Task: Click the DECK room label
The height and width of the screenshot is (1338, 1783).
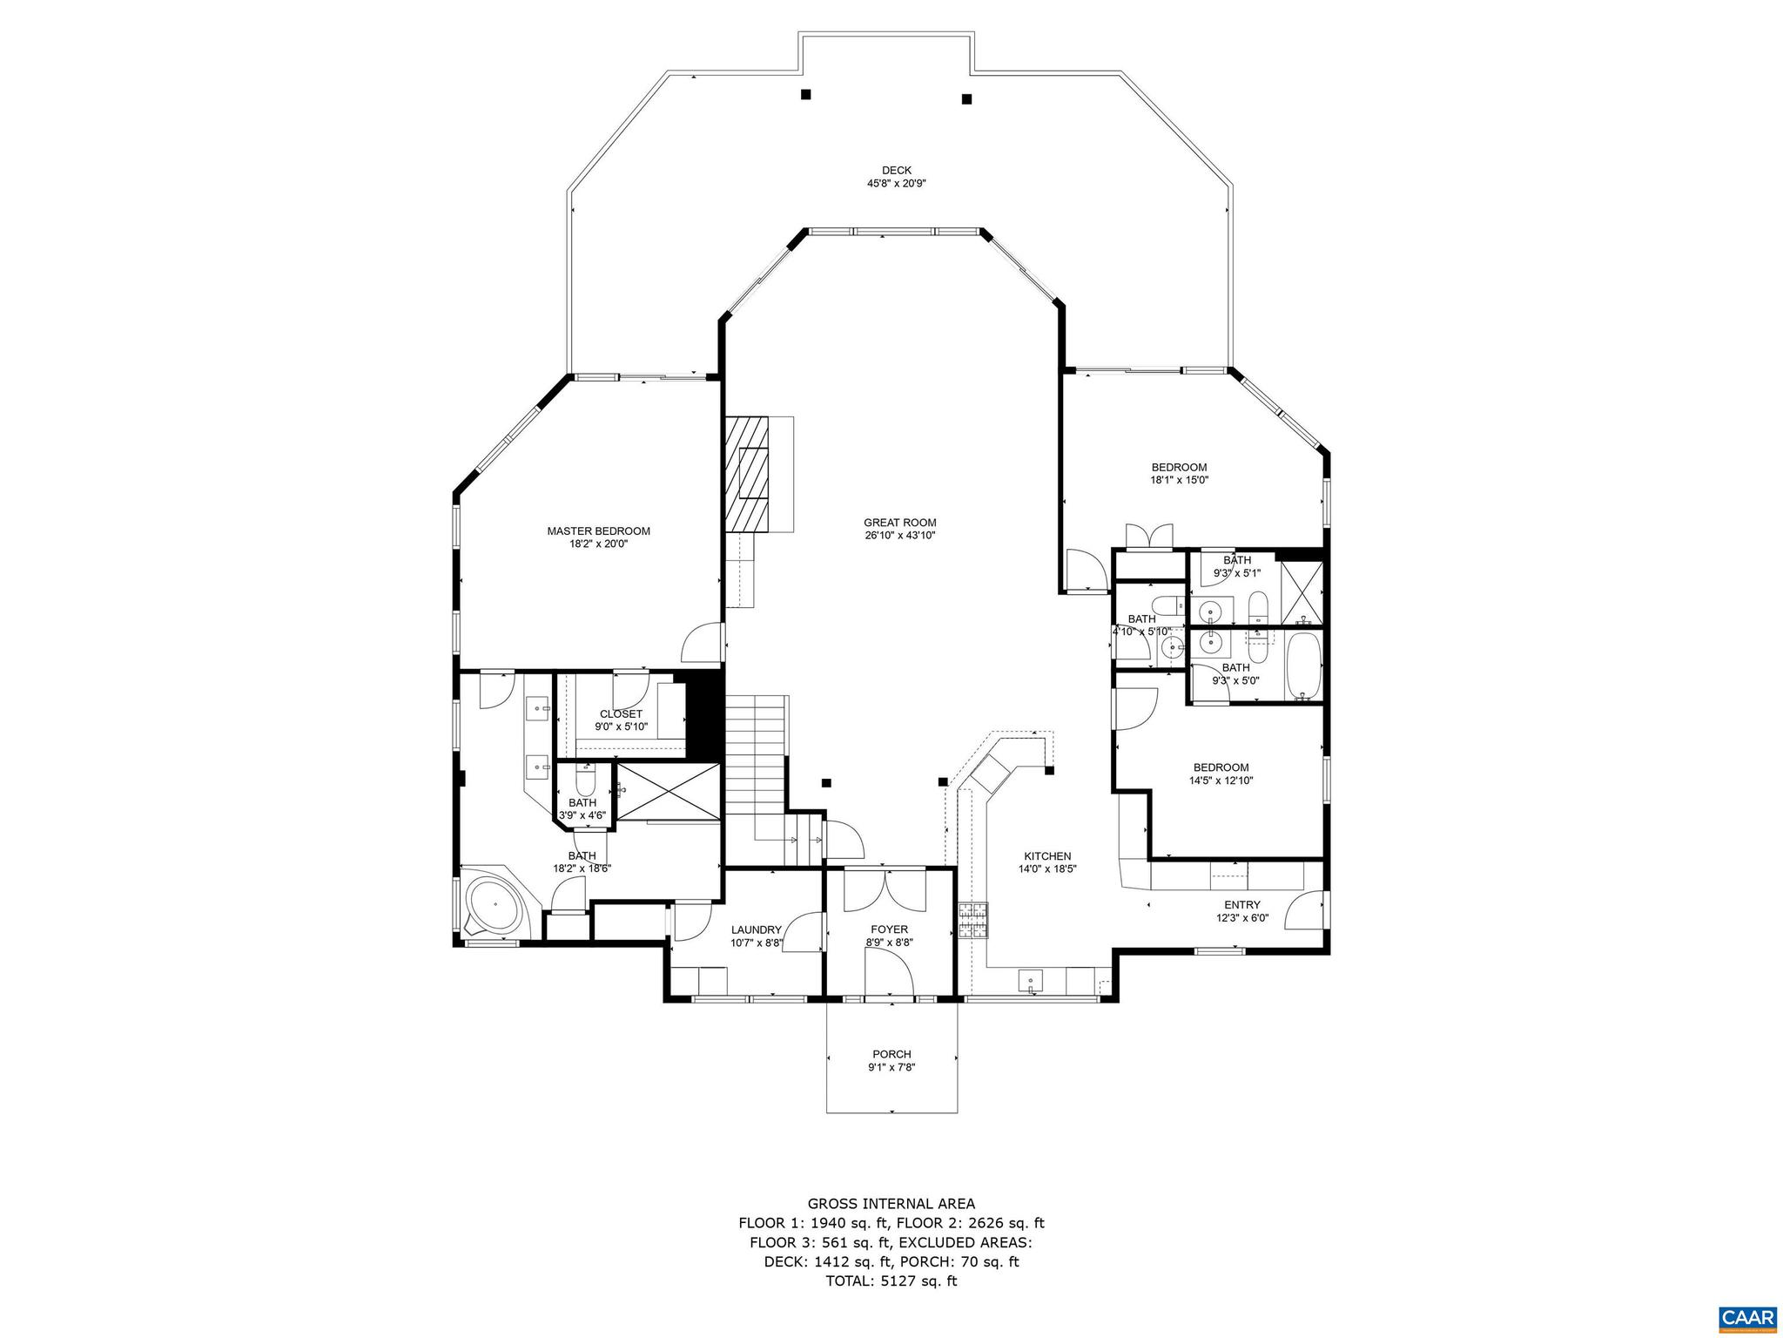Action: (896, 171)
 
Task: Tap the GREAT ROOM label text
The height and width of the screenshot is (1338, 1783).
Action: (899, 523)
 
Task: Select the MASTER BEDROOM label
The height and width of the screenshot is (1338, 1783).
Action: (598, 531)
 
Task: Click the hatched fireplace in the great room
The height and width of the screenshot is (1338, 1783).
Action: (749, 472)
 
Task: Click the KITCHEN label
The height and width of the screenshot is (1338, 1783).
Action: (1047, 856)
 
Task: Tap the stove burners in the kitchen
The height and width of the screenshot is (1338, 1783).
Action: (973, 921)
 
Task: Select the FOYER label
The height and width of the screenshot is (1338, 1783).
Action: (889, 929)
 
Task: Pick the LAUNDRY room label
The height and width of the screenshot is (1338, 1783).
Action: (756, 929)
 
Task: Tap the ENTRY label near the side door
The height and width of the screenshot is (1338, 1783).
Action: (1241, 905)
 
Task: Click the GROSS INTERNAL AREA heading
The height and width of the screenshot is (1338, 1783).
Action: (891, 1204)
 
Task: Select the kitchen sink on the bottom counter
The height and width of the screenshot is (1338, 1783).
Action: (1031, 982)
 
